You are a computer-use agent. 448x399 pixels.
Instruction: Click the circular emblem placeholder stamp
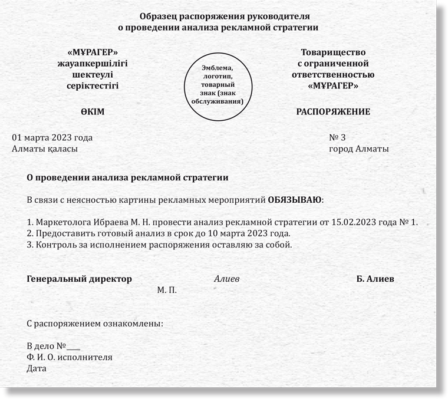tap(218, 84)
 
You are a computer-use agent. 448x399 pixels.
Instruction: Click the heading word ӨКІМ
tap(93, 111)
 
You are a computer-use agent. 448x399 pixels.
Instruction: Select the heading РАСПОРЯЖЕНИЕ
tap(333, 111)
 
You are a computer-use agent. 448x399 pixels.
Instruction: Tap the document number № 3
tap(338, 138)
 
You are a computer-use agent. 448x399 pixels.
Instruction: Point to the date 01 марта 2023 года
tap(52, 138)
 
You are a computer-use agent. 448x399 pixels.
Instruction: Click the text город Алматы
tap(358, 149)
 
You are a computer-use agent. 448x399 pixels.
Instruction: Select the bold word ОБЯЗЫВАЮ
tap(295, 199)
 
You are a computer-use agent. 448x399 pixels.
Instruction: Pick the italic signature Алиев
tap(226, 279)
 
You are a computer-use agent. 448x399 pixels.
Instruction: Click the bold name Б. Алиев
tap(375, 279)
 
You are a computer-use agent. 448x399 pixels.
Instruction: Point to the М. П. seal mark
tap(167, 290)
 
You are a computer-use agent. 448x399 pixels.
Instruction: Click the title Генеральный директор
tap(80, 279)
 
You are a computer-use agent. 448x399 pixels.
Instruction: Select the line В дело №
tap(53, 346)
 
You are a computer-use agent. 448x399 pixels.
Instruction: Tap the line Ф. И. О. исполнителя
tap(70, 357)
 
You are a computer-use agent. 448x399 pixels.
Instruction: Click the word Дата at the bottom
tap(37, 368)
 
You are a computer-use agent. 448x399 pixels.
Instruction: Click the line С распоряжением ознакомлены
tap(95, 324)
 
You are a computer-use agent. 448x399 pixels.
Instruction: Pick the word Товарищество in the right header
tap(333, 52)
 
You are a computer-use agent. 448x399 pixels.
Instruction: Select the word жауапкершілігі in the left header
tap(93, 64)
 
